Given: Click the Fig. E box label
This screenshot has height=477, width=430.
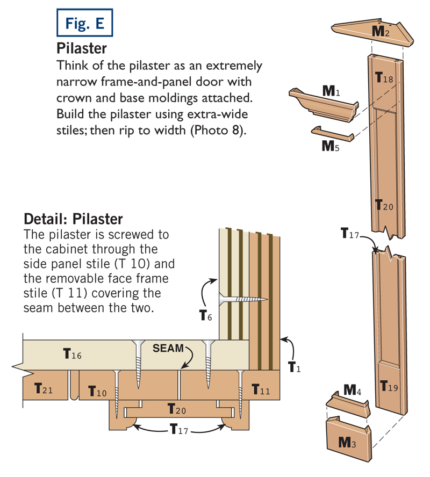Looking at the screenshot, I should (x=85, y=23).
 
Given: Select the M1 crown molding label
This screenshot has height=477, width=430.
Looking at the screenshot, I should (x=331, y=91).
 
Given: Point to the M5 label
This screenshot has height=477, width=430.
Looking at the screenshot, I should (x=330, y=146).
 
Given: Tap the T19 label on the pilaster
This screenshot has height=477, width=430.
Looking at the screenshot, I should (x=389, y=385).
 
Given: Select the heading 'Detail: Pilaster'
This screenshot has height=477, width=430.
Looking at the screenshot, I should (x=74, y=219).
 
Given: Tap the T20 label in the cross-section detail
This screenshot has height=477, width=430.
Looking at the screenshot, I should (x=178, y=410).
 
